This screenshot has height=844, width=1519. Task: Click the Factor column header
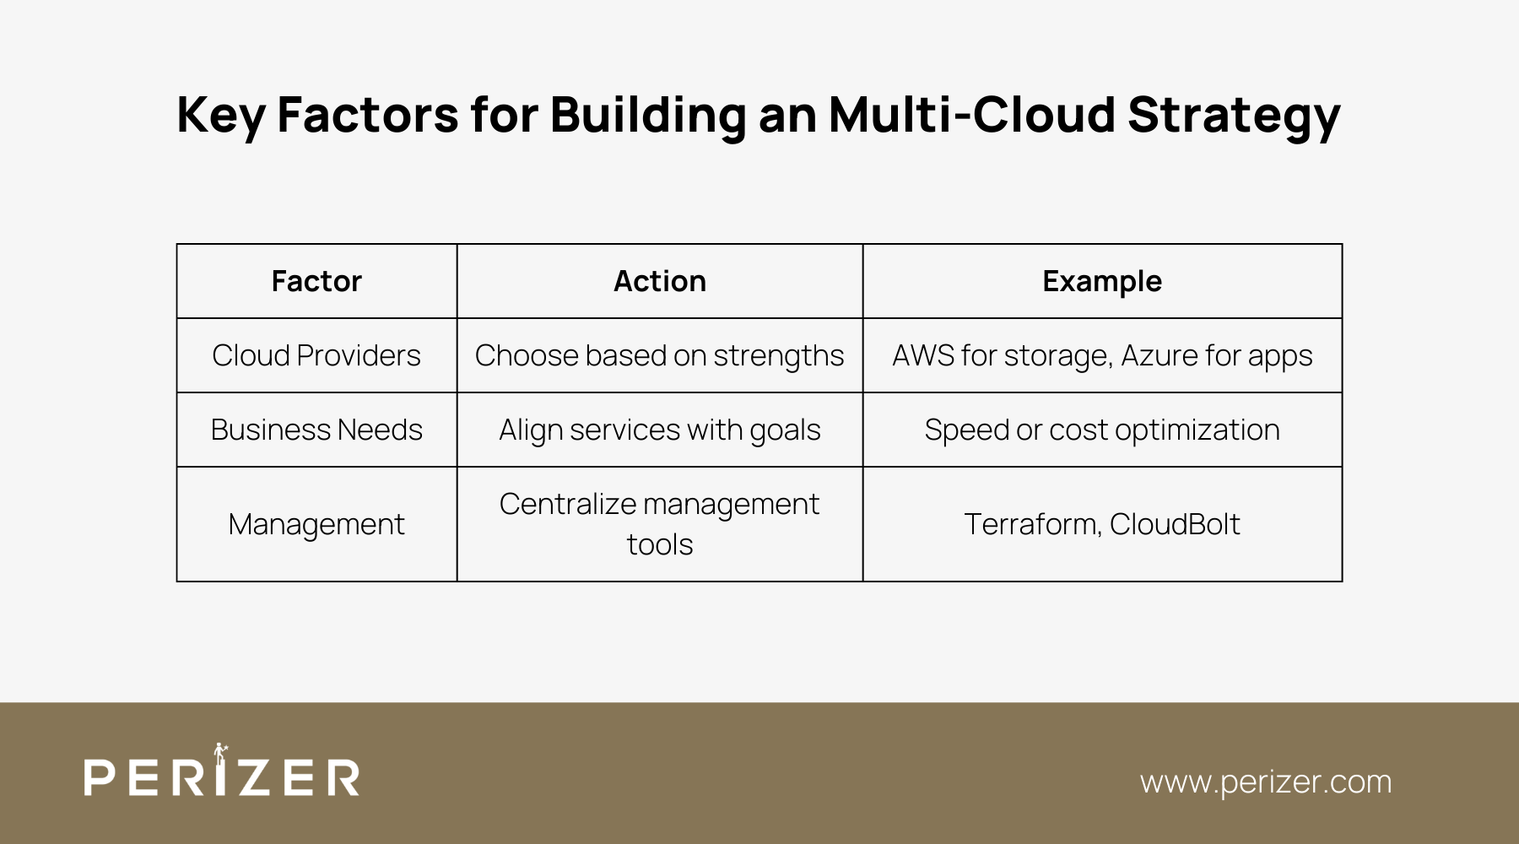point(316,281)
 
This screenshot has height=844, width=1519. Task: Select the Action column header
point(660,281)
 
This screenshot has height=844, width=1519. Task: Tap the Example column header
point(1102,281)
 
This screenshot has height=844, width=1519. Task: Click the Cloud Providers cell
point(316,355)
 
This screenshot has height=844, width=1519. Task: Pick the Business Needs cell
point(316,430)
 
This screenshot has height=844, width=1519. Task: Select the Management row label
point(316,524)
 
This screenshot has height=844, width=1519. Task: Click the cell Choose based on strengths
point(660,355)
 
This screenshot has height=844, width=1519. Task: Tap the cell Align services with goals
point(660,430)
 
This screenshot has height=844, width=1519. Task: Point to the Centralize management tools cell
point(660,524)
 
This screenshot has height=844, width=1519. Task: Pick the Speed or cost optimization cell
point(1102,430)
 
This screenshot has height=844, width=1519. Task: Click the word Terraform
point(1033,524)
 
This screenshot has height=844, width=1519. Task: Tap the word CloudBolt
point(1176,524)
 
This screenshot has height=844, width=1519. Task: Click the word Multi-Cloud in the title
point(972,114)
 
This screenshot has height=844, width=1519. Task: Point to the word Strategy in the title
point(1235,116)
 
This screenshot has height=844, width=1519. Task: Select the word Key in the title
point(221,116)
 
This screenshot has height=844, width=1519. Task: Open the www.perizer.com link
point(1266,782)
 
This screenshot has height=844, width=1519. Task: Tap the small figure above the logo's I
point(221,752)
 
